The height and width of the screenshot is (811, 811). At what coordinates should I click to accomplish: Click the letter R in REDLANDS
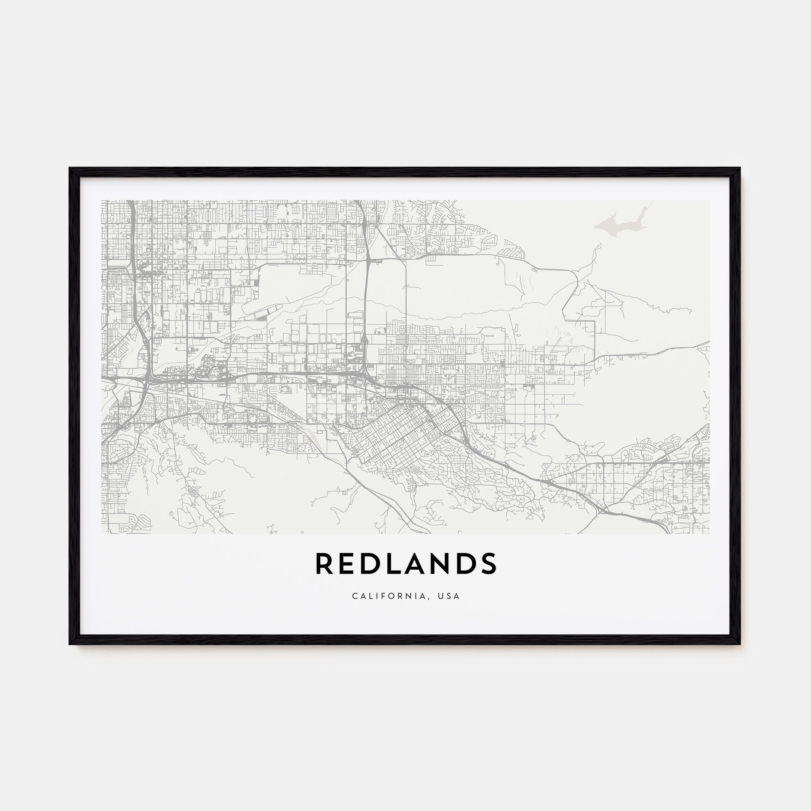coord(324,563)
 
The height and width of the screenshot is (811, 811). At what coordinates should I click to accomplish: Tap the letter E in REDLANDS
coord(347,563)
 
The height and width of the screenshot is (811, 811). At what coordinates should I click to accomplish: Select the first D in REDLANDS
coord(370,563)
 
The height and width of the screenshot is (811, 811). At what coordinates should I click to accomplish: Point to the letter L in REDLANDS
coord(393,563)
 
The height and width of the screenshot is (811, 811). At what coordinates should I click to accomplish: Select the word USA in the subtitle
coord(449,596)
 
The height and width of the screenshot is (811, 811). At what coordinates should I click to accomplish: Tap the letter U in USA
coord(441,596)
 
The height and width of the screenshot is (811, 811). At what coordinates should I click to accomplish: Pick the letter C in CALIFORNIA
coord(355,596)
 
